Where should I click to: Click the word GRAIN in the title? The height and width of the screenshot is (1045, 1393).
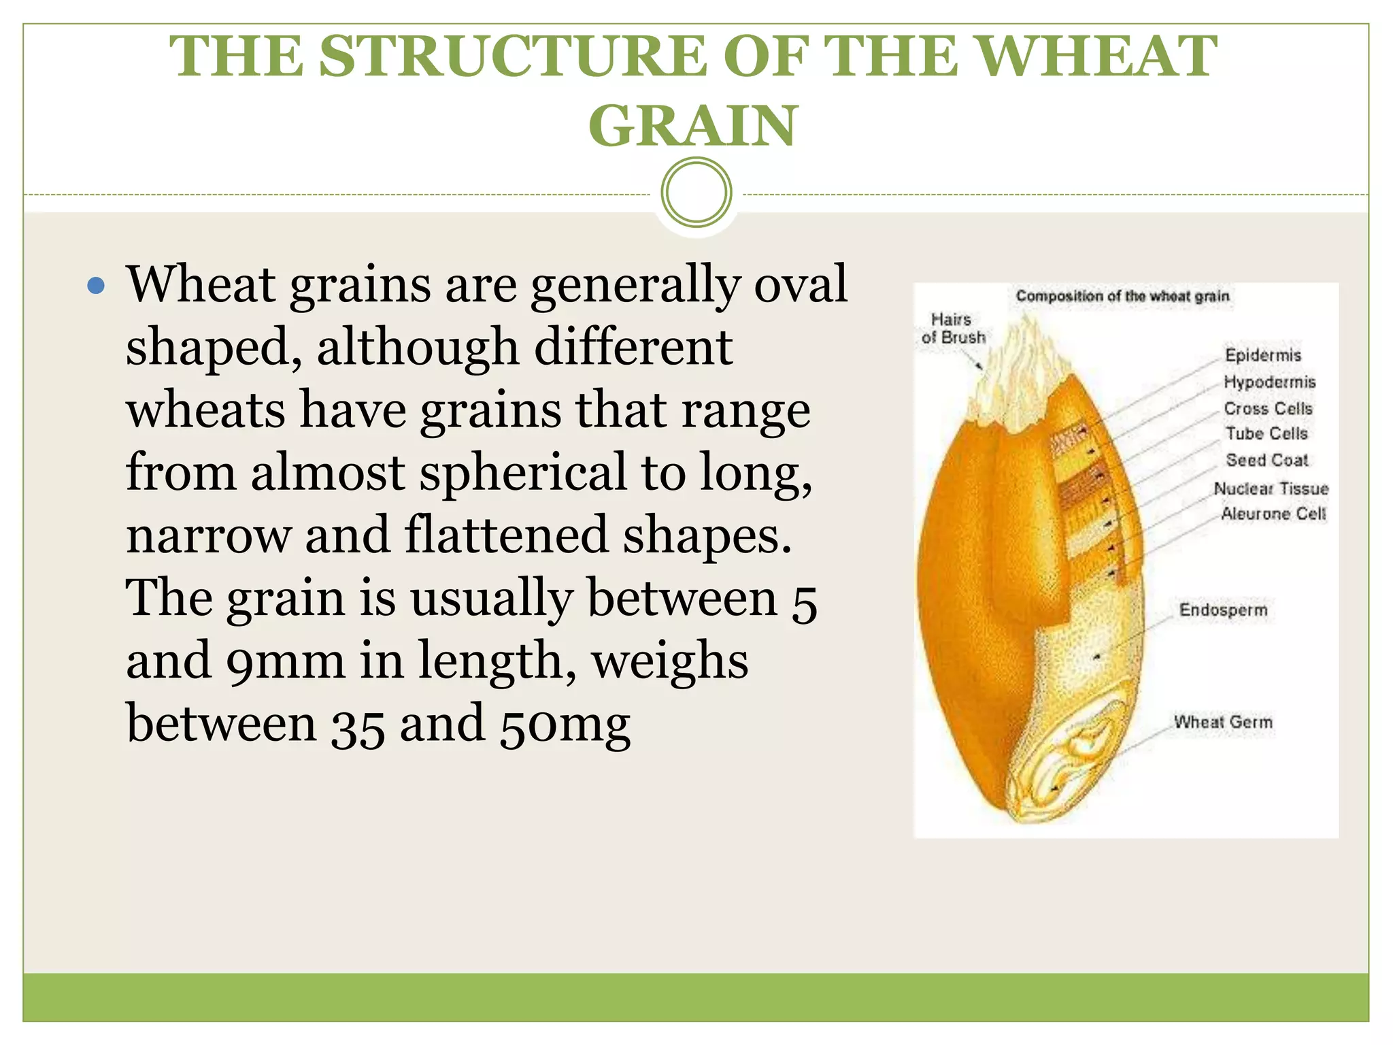(x=692, y=126)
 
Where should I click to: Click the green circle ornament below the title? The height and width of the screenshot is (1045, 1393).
(x=696, y=193)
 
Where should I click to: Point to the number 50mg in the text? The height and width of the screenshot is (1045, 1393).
(x=565, y=725)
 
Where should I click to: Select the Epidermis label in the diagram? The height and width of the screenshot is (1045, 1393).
(x=1262, y=355)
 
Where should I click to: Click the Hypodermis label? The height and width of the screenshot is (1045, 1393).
(x=1269, y=382)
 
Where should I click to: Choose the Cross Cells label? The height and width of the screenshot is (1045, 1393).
(x=1268, y=409)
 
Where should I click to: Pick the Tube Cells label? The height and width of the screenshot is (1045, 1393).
(x=1266, y=434)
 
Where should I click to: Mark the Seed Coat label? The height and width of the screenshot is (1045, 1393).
(x=1266, y=461)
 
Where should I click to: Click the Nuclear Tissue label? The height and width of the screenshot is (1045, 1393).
(x=1271, y=488)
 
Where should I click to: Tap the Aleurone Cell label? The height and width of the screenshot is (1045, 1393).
(x=1273, y=514)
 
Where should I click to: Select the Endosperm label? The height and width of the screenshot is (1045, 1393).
(x=1223, y=610)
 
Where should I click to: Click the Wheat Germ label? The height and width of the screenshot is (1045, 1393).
(x=1223, y=723)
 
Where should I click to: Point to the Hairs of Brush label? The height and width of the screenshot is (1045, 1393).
(x=953, y=329)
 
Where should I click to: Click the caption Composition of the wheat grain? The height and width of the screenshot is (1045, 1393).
(x=1122, y=297)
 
